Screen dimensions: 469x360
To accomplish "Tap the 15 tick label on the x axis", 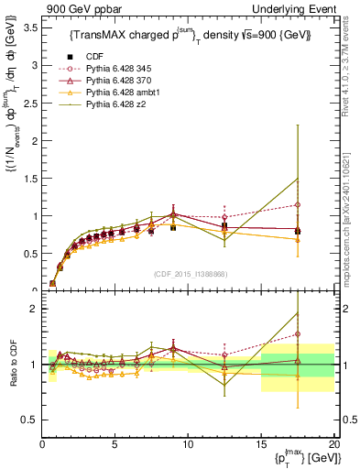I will tap(261, 445).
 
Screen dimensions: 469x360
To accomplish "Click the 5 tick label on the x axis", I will tap(115, 445).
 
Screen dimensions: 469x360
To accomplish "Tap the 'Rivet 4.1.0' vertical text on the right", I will tap(351, 73).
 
